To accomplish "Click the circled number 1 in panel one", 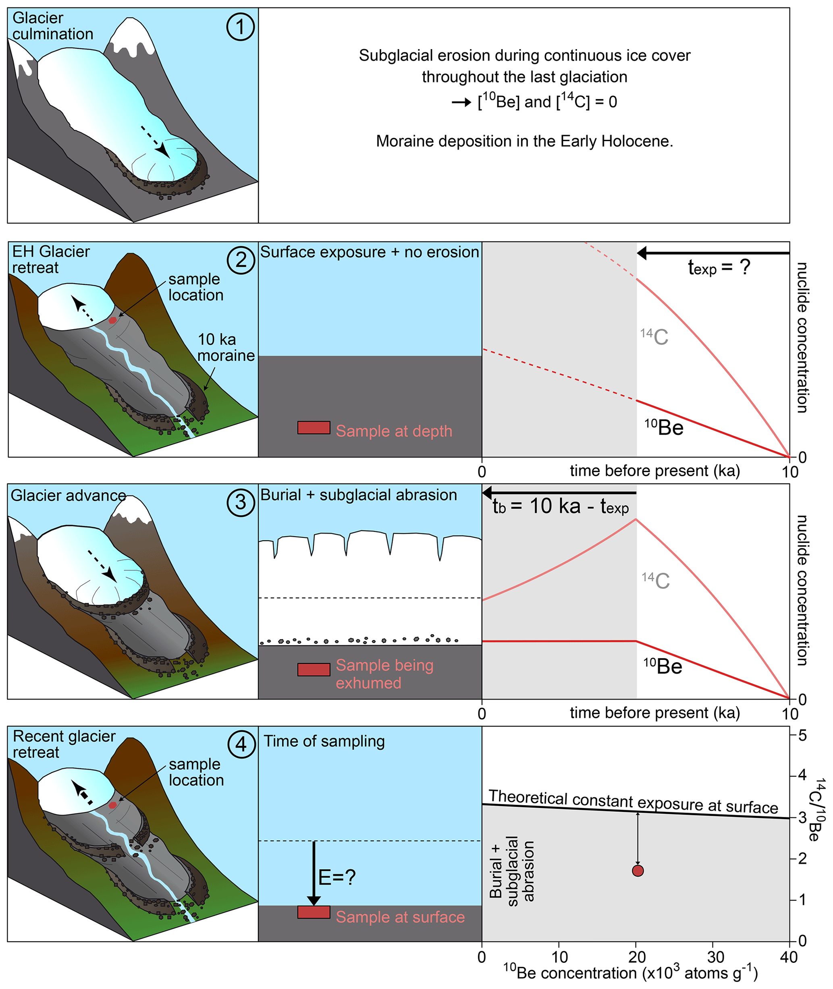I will (240, 27).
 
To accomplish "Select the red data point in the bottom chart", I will (638, 871).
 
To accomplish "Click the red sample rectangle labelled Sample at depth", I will (314, 428).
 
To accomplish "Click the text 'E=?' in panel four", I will (337, 877).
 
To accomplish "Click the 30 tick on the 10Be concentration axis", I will (715, 957).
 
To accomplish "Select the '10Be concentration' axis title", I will (630, 973).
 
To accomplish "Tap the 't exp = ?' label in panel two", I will (718, 267).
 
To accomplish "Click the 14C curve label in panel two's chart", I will (654, 337).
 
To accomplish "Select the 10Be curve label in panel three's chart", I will (663, 666).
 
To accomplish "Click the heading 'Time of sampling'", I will (324, 741).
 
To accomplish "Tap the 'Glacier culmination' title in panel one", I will (52, 26).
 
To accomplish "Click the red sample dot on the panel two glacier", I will (112, 320).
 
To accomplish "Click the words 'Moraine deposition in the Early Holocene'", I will (524, 141).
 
